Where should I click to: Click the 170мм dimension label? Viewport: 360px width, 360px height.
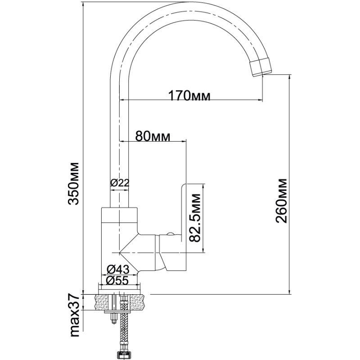[x=189, y=95]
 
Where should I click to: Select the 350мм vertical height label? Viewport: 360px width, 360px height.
[x=74, y=184]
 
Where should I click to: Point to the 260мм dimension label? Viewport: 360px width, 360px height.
[x=282, y=201]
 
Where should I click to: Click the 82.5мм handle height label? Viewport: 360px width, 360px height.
[x=195, y=218]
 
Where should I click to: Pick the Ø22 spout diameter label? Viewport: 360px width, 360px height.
[x=120, y=183]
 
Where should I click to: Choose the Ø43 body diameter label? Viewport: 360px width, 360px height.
[x=118, y=269]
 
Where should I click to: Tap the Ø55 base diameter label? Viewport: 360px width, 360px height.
[x=117, y=280]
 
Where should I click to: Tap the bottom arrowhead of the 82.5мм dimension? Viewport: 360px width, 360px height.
[x=203, y=250]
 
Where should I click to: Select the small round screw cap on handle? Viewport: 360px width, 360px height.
[x=171, y=234]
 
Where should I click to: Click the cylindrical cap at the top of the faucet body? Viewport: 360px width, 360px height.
[x=120, y=216]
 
